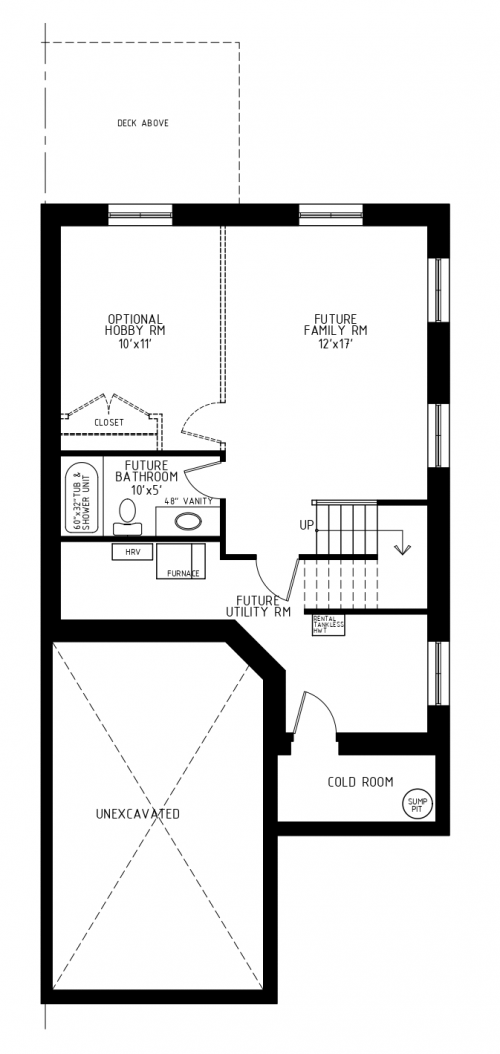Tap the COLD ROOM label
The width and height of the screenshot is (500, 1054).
click(x=360, y=782)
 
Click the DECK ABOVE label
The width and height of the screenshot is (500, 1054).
click(x=143, y=123)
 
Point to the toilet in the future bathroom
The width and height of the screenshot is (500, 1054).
click(x=126, y=514)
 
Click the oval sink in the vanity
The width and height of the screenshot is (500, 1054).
click(x=187, y=521)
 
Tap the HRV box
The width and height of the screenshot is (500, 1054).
click(x=131, y=552)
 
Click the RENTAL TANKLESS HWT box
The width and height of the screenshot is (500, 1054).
click(x=329, y=626)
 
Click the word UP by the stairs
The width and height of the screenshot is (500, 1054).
click(x=307, y=524)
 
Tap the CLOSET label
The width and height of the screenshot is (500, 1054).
click(x=109, y=422)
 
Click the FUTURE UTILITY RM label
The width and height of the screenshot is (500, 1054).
click(x=258, y=605)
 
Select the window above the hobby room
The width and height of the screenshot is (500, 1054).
click(x=141, y=212)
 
